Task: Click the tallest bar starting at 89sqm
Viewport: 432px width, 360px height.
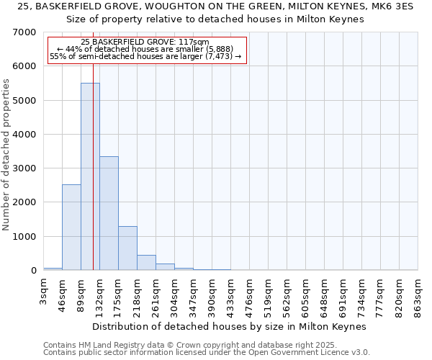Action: [90, 176]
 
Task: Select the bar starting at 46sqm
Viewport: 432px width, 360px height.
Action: [71, 227]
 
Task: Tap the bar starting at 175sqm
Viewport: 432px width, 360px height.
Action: [127, 248]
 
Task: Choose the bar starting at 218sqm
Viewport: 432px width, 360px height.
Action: [146, 263]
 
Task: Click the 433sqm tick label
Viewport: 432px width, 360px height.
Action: [231, 294]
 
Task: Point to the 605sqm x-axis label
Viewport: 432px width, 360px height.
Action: [306, 294]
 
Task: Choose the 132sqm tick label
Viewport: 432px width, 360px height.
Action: [100, 294]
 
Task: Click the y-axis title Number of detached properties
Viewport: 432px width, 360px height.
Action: [7, 151]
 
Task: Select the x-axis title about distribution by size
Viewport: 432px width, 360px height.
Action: [230, 326]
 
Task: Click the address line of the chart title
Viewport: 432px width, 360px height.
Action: [216, 6]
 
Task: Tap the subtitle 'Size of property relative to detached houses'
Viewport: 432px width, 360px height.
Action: [216, 19]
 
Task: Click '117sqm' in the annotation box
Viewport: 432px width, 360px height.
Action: [196, 42]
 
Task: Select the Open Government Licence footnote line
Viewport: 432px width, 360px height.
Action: [207, 353]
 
